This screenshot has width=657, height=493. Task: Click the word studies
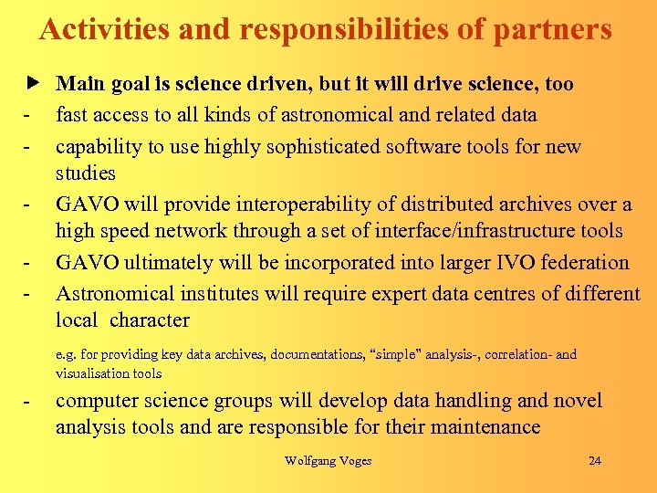(x=86, y=173)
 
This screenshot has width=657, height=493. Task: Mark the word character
(x=150, y=320)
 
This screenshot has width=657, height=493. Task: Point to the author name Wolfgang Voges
(x=328, y=460)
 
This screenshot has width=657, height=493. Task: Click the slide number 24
(x=595, y=460)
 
